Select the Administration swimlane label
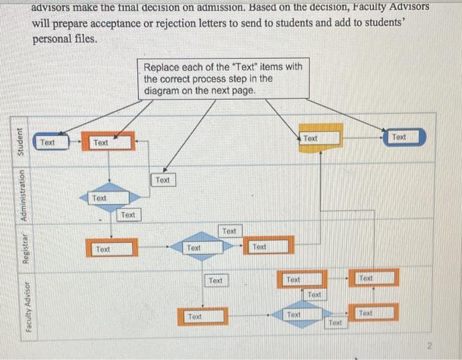(22, 196)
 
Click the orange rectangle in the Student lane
(108, 142)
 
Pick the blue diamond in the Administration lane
(108, 198)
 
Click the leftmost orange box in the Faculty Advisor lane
(202, 316)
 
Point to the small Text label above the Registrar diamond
(229, 231)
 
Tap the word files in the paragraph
(84, 39)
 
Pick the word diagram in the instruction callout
(162, 90)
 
